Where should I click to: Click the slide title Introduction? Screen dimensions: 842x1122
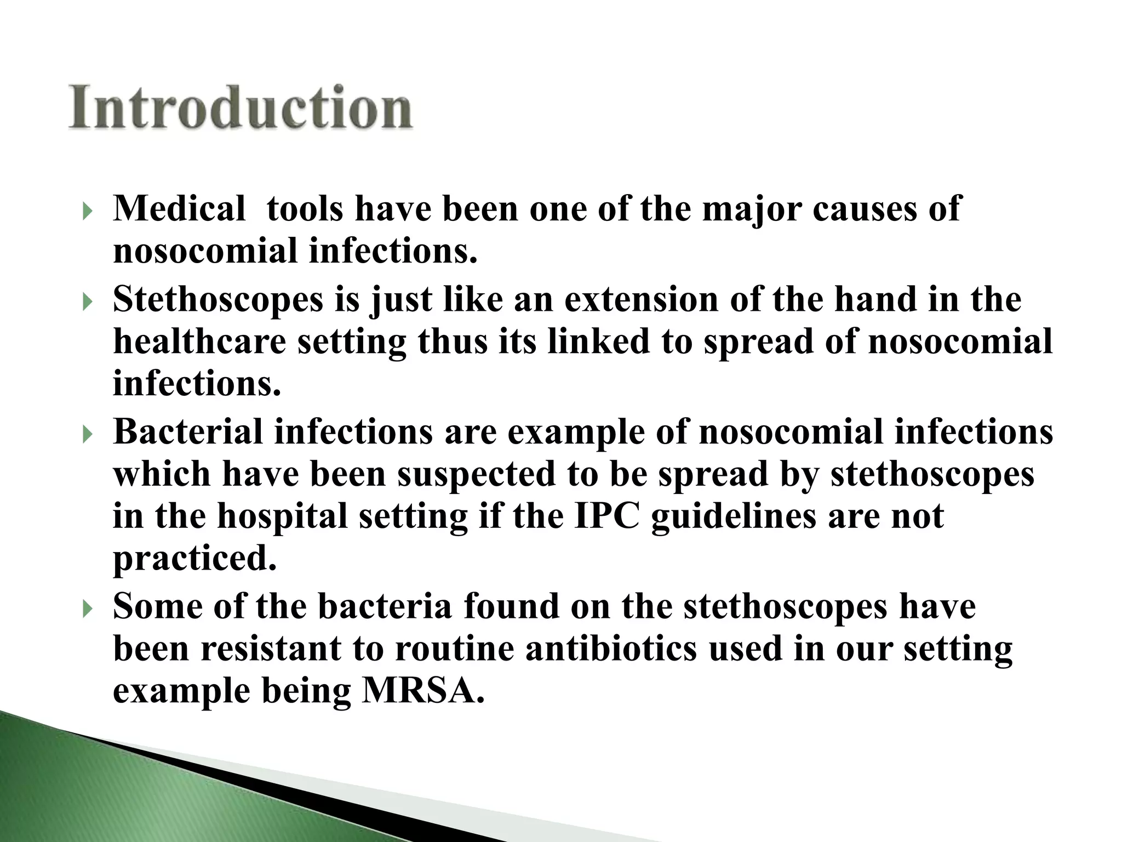coord(240,107)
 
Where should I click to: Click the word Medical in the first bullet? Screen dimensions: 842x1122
coord(179,209)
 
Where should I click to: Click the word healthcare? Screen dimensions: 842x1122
coord(199,342)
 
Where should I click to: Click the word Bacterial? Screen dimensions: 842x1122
coord(188,431)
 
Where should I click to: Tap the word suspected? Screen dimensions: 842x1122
coord(476,475)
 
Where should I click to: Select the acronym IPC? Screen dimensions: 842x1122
coord(607,516)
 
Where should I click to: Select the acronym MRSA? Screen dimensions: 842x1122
coord(423,692)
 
